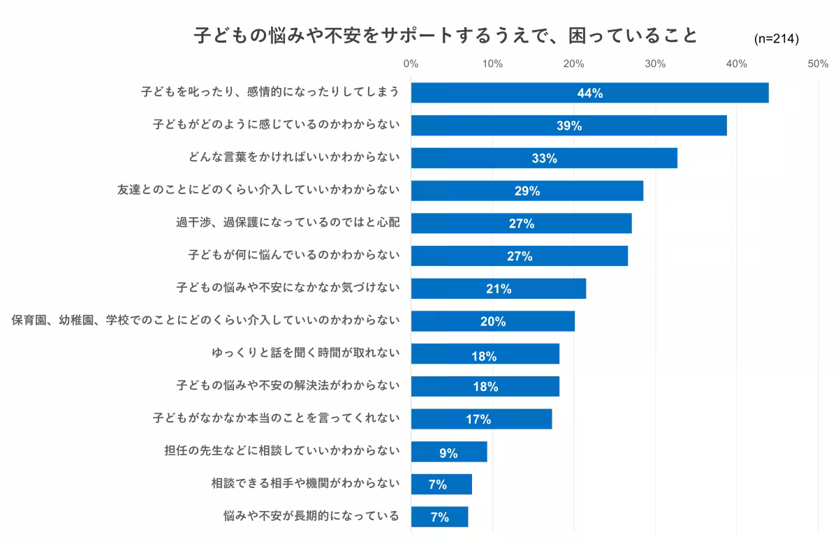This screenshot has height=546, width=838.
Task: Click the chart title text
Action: (446, 36)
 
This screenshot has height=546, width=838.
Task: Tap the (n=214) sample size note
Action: (777, 39)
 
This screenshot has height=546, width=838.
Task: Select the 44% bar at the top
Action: (589, 93)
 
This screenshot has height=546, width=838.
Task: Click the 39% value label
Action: (569, 126)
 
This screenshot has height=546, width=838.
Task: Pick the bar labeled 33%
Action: (544, 158)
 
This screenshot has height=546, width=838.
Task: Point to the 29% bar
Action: (527, 191)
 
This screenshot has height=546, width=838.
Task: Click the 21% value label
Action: (499, 289)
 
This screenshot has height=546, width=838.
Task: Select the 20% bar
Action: (492, 321)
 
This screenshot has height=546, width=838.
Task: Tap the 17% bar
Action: (481, 419)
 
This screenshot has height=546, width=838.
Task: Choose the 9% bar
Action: (448, 452)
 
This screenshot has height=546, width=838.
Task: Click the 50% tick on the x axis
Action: (818, 64)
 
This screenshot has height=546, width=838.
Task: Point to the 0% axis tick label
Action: (411, 64)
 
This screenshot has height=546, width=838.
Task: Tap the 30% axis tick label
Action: (655, 64)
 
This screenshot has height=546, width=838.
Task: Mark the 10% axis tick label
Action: (492, 64)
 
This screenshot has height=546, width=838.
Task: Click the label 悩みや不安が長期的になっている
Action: (311, 516)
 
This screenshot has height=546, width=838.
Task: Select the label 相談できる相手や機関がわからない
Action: (305, 483)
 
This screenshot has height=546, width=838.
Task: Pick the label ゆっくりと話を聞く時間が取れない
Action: (305, 353)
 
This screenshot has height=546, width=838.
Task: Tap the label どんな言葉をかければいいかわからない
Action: (294, 158)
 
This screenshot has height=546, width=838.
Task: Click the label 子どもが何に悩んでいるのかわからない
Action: (294, 256)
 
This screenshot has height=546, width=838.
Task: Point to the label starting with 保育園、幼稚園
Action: (206, 320)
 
